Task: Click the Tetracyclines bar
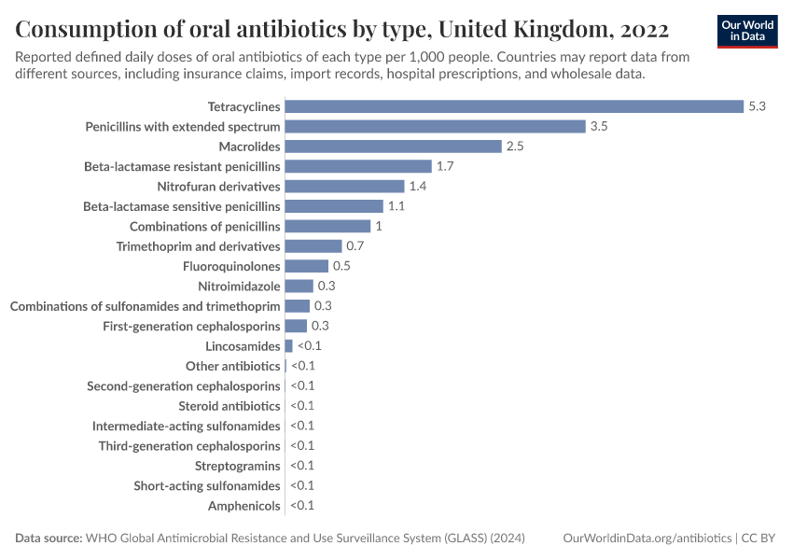pos(513,106)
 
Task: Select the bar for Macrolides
pos(394,147)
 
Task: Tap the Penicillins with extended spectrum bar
pos(435,126)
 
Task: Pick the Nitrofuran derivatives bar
pos(344,187)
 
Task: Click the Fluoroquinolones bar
pos(306,266)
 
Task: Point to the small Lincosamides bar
pos(288,346)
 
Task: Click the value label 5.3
pos(757,106)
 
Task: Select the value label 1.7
pos(445,166)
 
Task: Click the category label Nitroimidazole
pos(239,287)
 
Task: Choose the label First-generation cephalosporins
pos(191,327)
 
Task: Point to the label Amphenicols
pos(244,506)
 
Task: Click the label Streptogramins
pos(237,466)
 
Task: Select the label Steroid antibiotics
pos(229,406)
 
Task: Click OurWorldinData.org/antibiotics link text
pos(647,539)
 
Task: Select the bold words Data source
pos(48,539)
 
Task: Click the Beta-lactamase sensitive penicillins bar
pos(334,206)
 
